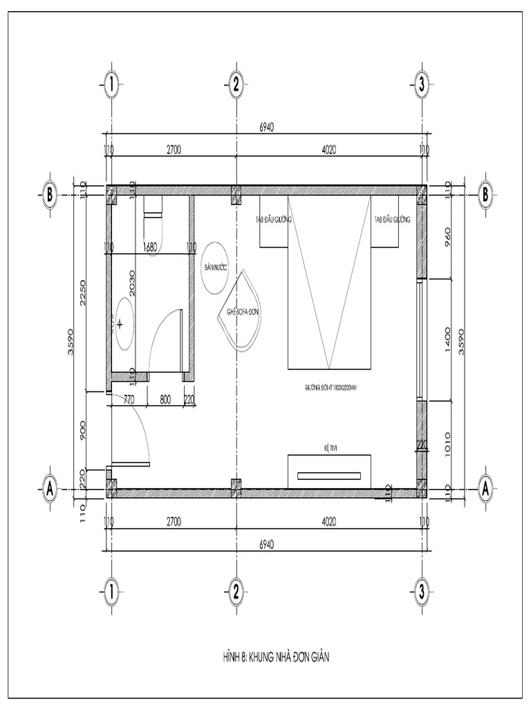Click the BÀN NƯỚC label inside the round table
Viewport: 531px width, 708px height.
pos(216,266)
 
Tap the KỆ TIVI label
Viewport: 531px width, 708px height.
pos(329,448)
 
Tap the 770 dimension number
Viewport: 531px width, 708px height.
pos(128,399)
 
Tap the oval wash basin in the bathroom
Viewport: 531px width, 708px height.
pos(124,323)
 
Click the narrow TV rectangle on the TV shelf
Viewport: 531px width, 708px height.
pos(329,476)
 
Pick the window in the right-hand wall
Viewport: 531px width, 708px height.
pos(419,339)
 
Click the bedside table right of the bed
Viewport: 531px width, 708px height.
pos(385,221)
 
